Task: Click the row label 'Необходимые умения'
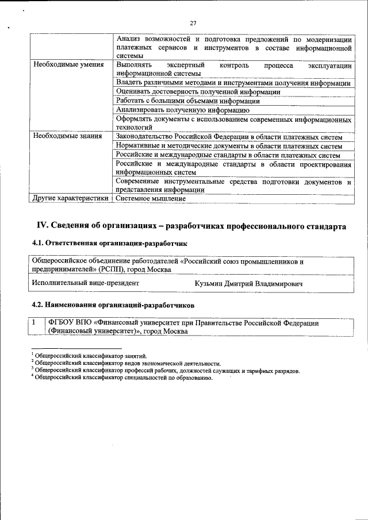pos(68,65)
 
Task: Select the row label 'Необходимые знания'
pos(67,136)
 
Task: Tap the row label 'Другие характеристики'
pos(71,198)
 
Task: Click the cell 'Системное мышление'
pos(151,198)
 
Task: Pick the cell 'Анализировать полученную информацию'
pos(182,109)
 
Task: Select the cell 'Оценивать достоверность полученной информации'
pos(198,91)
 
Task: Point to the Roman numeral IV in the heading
pos(42,226)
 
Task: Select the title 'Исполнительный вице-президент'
pos(85,283)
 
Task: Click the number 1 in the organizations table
pos(35,323)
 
